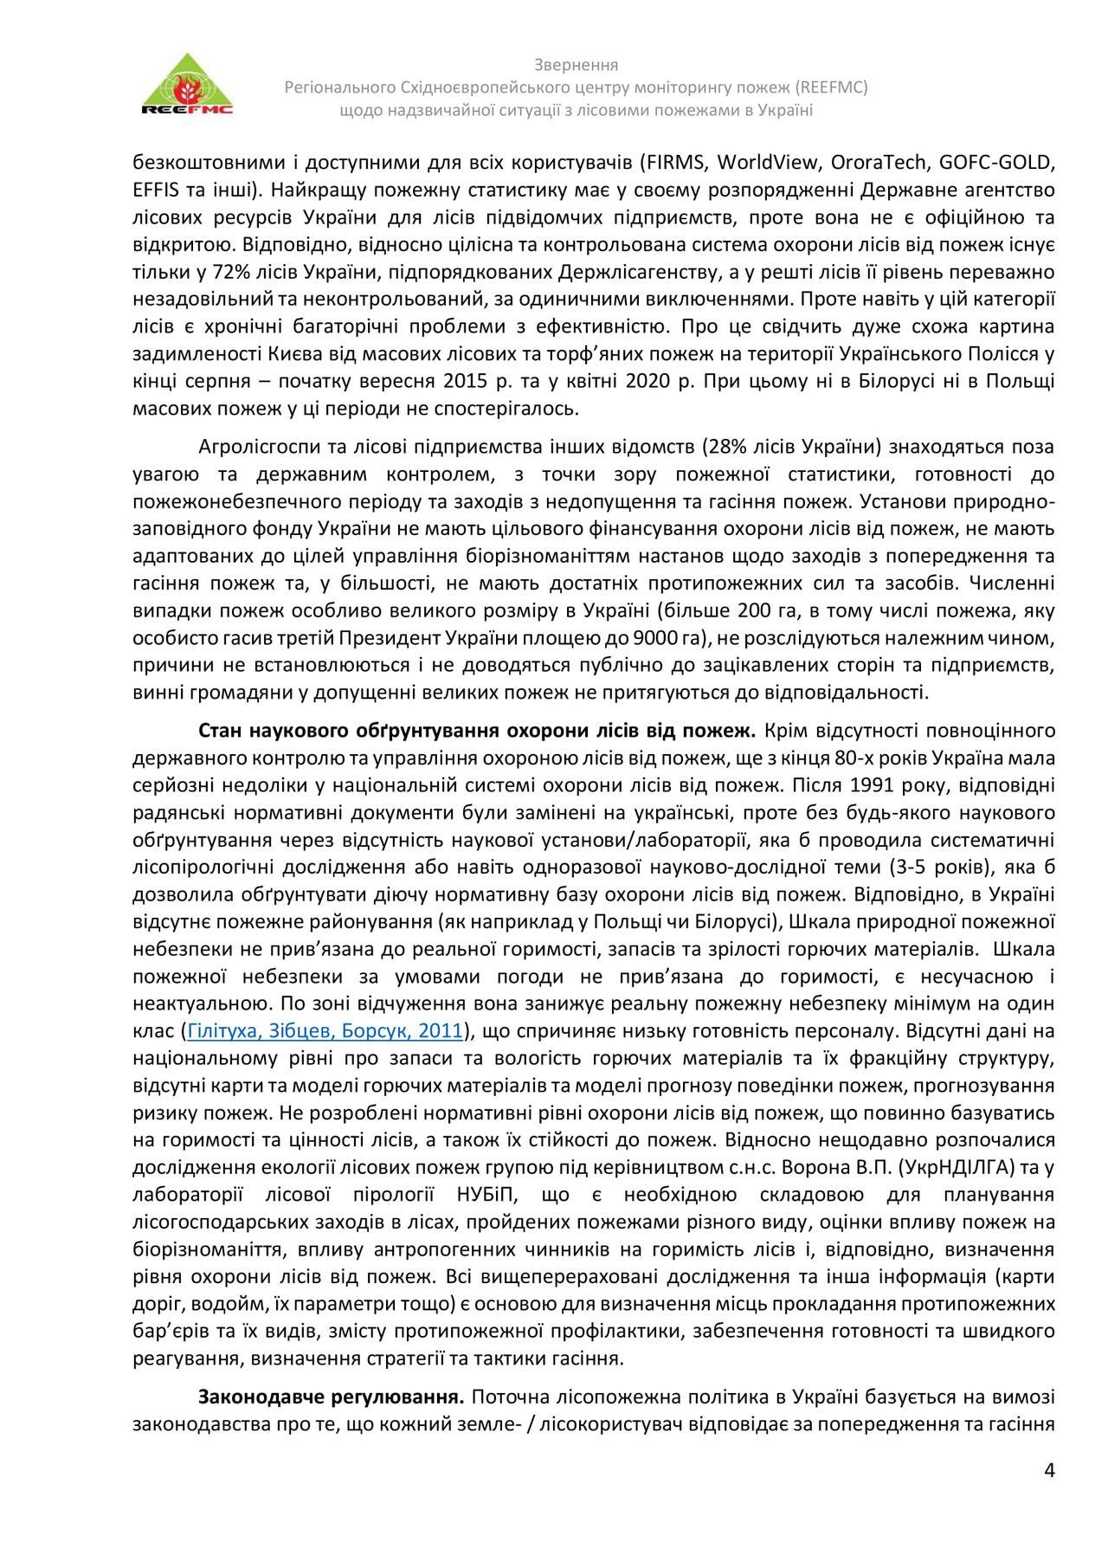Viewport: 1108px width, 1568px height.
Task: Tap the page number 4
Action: [x=1050, y=1471]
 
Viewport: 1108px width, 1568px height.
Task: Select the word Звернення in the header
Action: [x=576, y=65]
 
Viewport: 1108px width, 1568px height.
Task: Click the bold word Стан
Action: [x=219, y=731]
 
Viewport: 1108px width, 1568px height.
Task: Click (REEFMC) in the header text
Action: [x=827, y=87]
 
